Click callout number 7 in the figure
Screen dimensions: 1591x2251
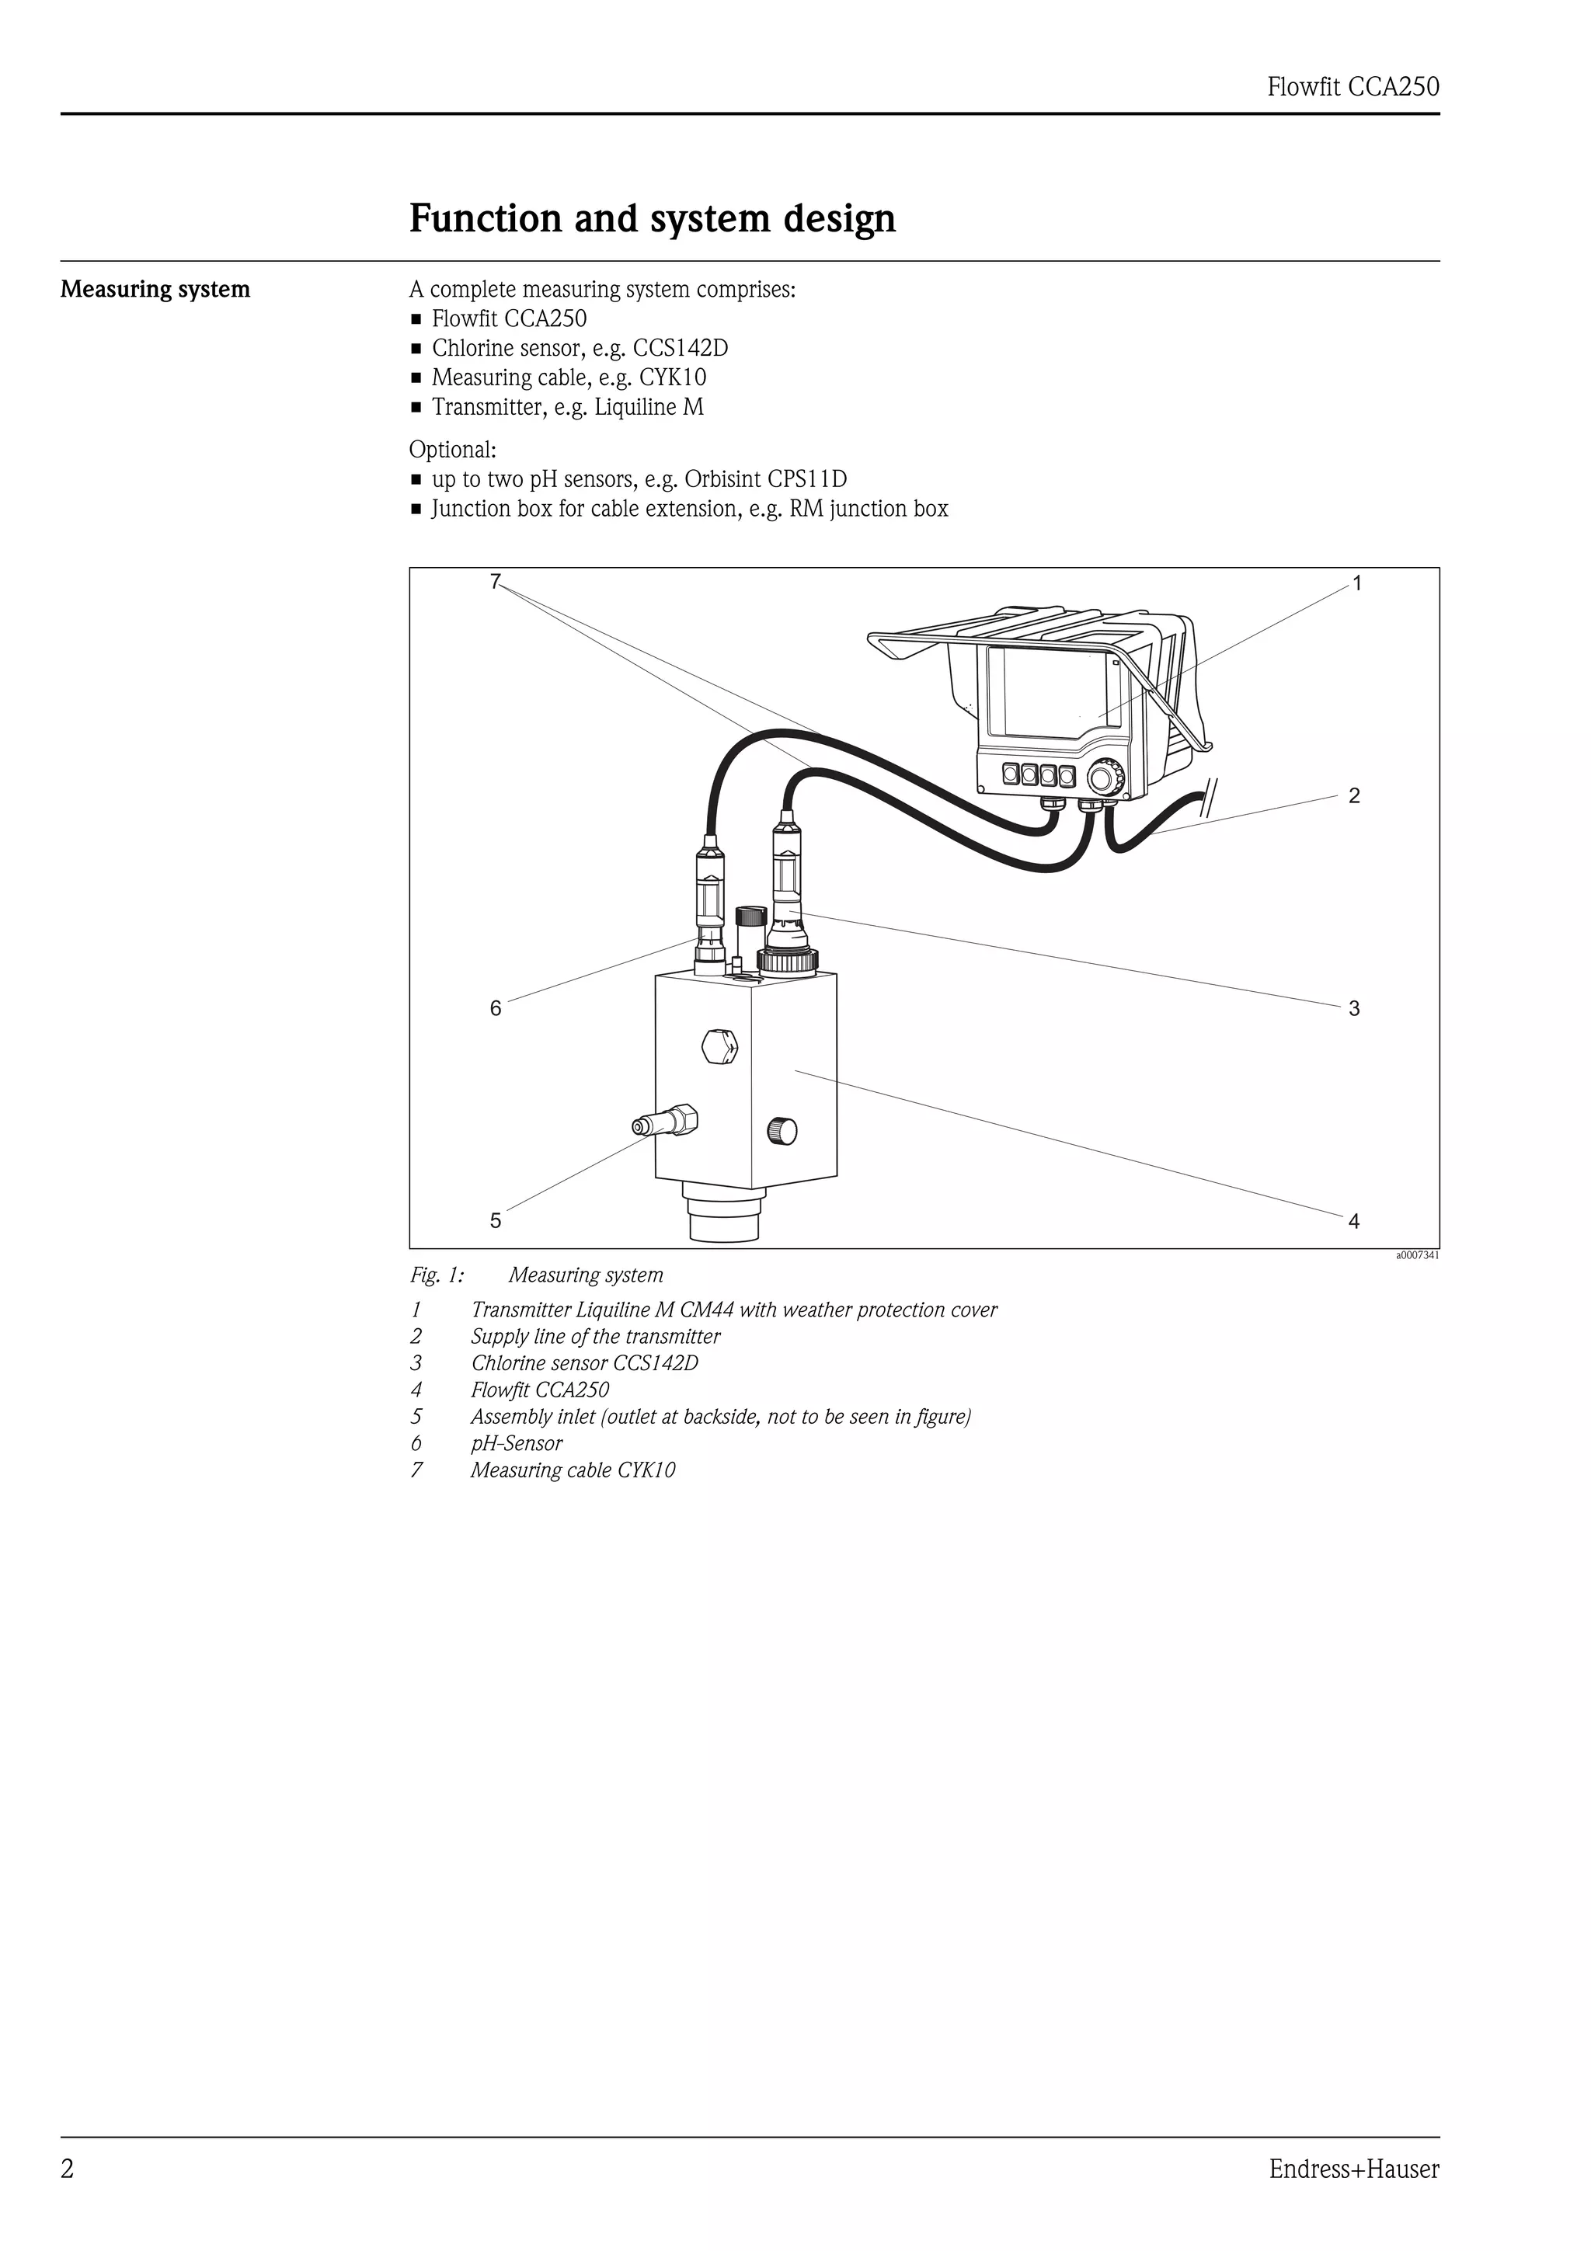(495, 581)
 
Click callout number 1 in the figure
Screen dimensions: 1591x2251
(1356, 584)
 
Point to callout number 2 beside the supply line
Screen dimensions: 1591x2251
(1354, 796)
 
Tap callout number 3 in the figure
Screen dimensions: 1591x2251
(1354, 1009)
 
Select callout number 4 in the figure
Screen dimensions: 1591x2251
(1354, 1222)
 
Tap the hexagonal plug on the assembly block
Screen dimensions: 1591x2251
(719, 1046)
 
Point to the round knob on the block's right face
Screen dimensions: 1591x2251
(782, 1132)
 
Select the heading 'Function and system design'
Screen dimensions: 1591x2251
(652, 218)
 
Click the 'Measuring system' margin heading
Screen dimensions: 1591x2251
(155, 289)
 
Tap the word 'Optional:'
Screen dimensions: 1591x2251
(453, 450)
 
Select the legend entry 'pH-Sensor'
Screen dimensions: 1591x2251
(516, 1443)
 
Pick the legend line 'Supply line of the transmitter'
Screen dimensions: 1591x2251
(595, 1336)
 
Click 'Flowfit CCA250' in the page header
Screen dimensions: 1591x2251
(1353, 87)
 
